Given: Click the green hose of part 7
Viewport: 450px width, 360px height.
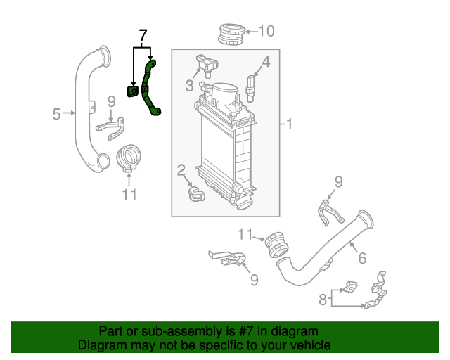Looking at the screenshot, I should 149,90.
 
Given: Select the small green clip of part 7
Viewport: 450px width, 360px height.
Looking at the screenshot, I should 132,91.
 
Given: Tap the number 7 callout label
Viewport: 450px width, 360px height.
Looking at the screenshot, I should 143,35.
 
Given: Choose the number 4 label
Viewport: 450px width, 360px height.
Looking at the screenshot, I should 265,61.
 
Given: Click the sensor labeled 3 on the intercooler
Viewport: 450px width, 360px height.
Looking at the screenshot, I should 205,65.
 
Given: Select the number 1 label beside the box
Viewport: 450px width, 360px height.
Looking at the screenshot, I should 288,124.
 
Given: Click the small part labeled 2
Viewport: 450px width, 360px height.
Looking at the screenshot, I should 195,192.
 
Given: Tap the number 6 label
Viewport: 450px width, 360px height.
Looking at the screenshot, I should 361,258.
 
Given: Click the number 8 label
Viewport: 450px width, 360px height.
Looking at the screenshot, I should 323,300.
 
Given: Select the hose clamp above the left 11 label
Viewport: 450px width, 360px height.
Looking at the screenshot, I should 127,157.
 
